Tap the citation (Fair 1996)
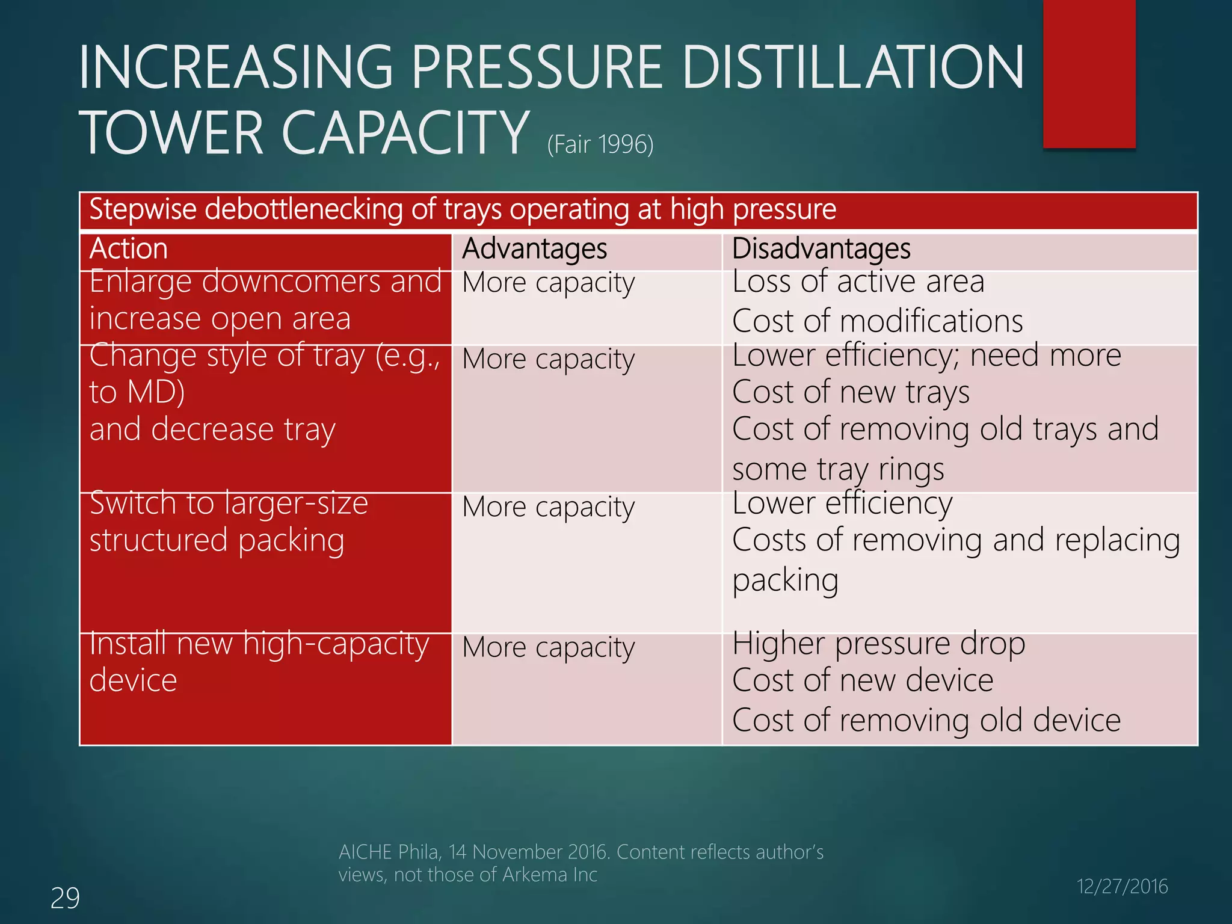click(600, 144)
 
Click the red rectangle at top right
click(1089, 73)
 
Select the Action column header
click(128, 249)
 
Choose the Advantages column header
click(534, 249)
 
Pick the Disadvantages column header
click(821, 249)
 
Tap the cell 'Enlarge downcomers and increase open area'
click(265, 300)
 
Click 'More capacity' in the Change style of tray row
click(548, 360)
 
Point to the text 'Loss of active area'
click(858, 282)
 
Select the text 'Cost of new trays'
click(851, 393)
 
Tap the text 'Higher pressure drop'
click(878, 644)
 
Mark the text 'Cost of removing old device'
click(926, 720)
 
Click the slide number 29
click(65, 898)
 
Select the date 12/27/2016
click(1122, 886)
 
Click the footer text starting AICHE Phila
click(581, 863)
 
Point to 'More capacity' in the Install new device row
click(548, 648)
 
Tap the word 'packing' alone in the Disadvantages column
click(785, 581)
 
